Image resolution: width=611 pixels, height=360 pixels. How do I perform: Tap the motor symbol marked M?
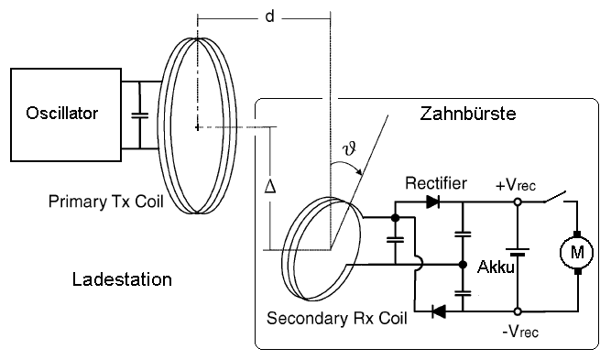click(577, 253)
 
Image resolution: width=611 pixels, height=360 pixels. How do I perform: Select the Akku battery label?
click(496, 267)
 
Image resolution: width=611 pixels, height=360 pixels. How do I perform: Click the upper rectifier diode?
click(433, 202)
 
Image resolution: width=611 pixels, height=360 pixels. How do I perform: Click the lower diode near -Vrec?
click(439, 311)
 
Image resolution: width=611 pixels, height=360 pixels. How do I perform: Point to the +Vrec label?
click(516, 185)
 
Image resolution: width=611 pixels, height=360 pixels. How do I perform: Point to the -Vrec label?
click(520, 332)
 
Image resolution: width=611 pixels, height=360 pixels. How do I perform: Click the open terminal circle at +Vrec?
click(518, 202)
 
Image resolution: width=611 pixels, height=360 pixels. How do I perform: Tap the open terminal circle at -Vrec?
click(518, 311)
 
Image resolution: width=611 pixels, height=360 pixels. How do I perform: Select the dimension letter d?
click(269, 16)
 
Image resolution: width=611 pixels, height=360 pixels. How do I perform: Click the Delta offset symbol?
click(270, 186)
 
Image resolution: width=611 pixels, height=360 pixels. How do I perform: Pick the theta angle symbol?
click(349, 148)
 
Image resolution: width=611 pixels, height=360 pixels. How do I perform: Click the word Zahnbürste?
click(467, 114)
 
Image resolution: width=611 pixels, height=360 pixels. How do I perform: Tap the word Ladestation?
click(122, 279)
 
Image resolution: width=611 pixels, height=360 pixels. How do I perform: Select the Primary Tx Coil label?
click(105, 202)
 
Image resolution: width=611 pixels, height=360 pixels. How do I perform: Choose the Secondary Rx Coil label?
click(337, 318)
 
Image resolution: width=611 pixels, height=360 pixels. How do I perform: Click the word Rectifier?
click(436, 183)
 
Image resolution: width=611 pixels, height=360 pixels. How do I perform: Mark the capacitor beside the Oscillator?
click(139, 115)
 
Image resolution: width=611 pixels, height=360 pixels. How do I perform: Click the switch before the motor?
click(555, 198)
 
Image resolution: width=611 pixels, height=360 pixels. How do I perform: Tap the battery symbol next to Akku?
click(518, 252)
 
